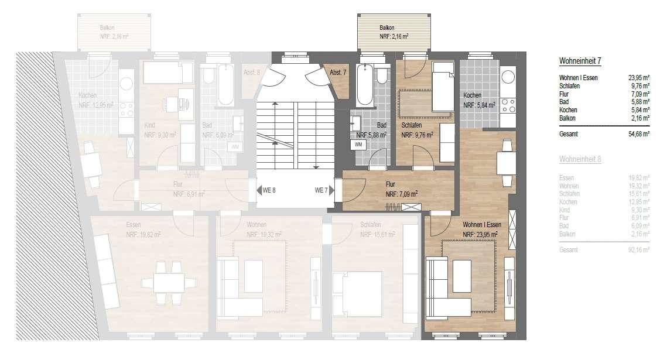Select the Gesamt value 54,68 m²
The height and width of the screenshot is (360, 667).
click(638, 133)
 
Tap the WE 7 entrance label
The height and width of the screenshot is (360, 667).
click(321, 190)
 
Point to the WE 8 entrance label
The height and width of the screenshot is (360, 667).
click(269, 190)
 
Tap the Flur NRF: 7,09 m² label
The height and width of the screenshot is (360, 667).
click(401, 190)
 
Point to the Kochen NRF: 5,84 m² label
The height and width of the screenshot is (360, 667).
click(479, 101)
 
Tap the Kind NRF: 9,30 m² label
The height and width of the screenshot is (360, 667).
click(161, 129)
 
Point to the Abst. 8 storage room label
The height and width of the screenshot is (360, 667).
click(251, 73)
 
